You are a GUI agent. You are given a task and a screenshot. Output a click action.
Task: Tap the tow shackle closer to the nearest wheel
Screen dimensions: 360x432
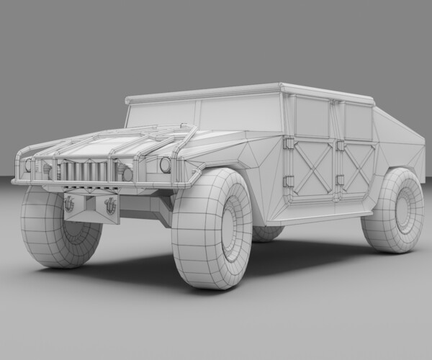109,204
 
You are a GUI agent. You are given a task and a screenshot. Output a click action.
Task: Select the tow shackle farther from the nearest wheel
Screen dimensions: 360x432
69,204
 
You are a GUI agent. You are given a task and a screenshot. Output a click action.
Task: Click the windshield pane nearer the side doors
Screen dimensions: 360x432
240,114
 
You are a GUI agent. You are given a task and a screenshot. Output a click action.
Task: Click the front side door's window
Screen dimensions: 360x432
312,117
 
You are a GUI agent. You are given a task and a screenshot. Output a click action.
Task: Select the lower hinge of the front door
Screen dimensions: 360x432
287,181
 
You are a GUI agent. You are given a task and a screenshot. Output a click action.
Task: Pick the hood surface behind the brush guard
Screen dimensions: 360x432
108,144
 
